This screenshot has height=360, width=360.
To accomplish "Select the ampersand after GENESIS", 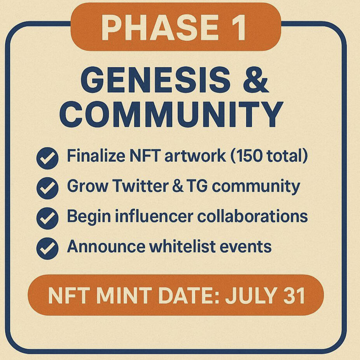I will click(x=255, y=80).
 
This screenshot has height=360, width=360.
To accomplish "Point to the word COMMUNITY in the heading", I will click(x=173, y=114).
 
